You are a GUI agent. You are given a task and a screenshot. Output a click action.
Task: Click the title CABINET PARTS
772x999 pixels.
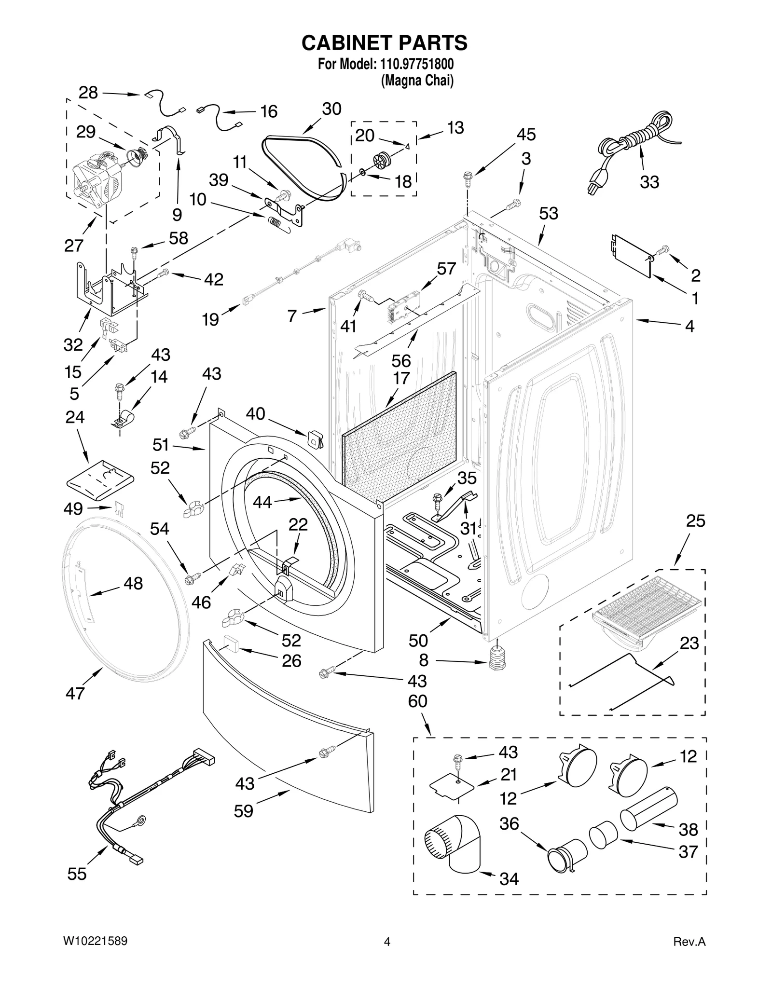(384, 43)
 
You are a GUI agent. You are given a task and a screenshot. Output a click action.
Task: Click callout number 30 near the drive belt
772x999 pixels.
(331, 109)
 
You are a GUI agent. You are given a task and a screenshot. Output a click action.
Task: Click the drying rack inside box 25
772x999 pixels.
(647, 610)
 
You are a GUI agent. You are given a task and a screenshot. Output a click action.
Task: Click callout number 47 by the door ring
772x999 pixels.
(75, 693)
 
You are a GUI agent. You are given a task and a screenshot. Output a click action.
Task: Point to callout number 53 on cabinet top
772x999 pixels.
(549, 213)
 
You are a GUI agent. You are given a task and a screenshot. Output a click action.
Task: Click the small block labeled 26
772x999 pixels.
(233, 644)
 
